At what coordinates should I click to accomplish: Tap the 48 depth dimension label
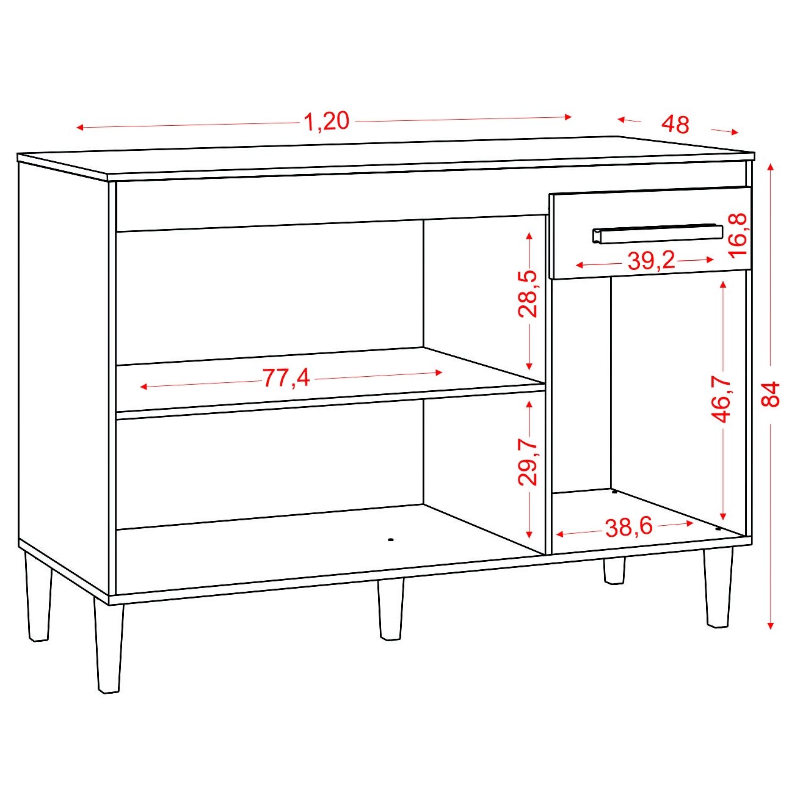pyautogui.click(x=675, y=124)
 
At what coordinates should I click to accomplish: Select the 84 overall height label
pyautogui.click(x=771, y=395)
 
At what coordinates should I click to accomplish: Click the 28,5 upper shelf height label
pyautogui.click(x=528, y=294)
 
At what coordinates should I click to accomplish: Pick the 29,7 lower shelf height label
pyautogui.click(x=528, y=464)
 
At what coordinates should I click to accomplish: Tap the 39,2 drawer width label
pyautogui.click(x=651, y=261)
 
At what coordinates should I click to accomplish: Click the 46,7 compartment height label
pyautogui.click(x=723, y=399)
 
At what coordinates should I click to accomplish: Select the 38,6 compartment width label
pyautogui.click(x=629, y=528)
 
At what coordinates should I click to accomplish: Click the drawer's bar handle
pyautogui.click(x=658, y=234)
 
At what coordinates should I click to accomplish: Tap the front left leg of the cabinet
pyautogui.click(x=109, y=645)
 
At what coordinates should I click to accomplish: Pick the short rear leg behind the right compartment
pyautogui.click(x=614, y=571)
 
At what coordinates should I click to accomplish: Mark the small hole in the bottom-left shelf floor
pyautogui.click(x=390, y=540)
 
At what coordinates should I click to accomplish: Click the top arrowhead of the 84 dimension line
pyautogui.click(x=771, y=167)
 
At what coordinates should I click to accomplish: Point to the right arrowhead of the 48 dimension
pyautogui.click(x=735, y=133)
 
